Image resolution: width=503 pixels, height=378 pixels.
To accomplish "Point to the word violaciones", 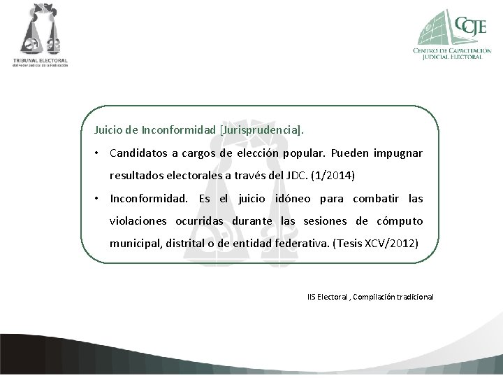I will [x=137, y=221].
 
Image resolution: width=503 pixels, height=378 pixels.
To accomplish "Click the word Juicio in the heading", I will [x=110, y=129].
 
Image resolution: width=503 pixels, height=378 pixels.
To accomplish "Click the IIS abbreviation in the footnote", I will [x=312, y=297].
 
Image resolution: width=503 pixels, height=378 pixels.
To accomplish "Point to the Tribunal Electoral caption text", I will [x=40, y=62].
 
